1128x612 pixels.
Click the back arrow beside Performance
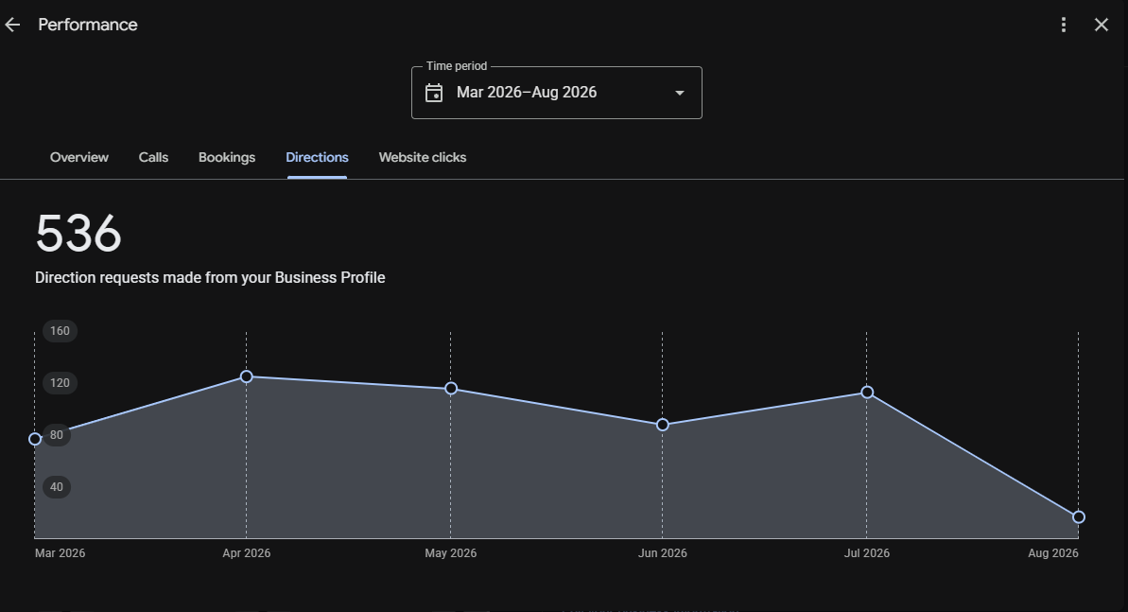point(12,26)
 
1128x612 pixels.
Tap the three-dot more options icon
point(1064,26)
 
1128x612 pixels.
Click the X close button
point(1102,26)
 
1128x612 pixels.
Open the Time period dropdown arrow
point(679,93)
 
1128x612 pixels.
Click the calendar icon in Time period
point(434,93)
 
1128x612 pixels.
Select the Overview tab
point(79,158)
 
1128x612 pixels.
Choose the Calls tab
point(153,158)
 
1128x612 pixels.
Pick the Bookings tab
point(227,158)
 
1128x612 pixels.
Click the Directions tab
point(318,158)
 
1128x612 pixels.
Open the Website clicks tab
point(423,158)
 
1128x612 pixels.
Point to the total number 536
point(78,234)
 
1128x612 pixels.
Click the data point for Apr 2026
point(246,376)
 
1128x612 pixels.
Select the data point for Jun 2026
point(663,425)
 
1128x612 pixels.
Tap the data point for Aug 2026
point(1079,517)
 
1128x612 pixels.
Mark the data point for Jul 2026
point(867,393)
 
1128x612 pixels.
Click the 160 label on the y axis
point(60,331)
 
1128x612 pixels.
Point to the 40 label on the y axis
point(56,487)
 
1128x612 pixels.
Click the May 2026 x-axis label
point(450,553)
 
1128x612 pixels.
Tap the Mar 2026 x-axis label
point(60,553)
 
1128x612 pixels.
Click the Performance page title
point(88,25)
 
